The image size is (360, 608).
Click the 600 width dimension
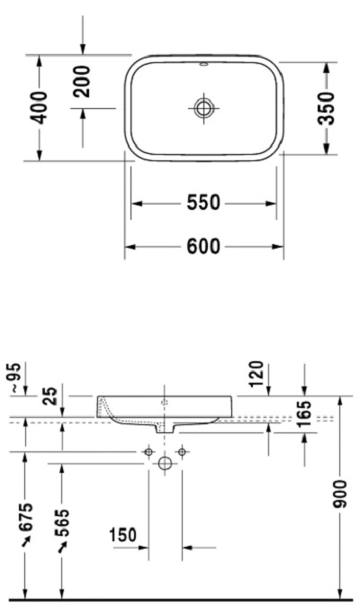[203, 247]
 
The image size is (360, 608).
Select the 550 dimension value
[203, 204]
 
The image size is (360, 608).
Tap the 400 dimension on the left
[40, 108]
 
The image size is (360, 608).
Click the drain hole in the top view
[203, 108]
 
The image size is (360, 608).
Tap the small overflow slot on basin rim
[203, 66]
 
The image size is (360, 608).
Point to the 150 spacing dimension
[122, 536]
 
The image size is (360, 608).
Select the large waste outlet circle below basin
[165, 464]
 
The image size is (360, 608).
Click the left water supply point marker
[148, 450]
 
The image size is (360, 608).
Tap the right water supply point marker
[182, 450]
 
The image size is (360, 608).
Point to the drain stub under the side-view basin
[165, 428]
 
